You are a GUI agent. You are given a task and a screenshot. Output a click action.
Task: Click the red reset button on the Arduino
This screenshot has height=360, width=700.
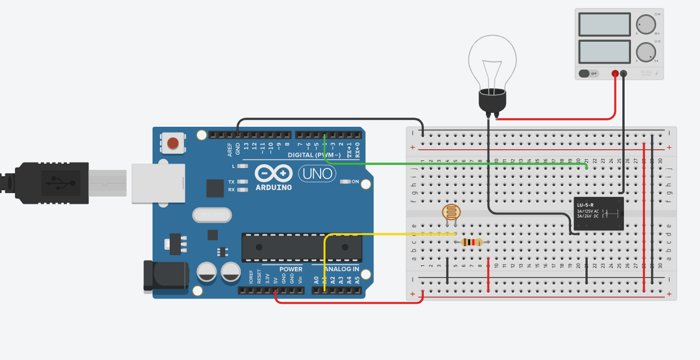click(173, 143)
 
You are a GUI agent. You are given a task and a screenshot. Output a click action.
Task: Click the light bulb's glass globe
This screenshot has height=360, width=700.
click(492, 59)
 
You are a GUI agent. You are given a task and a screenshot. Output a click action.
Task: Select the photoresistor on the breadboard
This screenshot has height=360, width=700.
click(451, 212)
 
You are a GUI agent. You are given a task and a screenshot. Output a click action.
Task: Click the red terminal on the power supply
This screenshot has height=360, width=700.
click(615, 73)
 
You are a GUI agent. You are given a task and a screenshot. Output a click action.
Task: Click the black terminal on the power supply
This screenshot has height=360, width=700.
click(623, 73)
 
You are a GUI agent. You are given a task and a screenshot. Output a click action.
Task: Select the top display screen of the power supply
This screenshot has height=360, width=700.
click(605, 24)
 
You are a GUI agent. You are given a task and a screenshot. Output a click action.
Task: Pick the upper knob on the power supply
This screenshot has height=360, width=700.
click(645, 24)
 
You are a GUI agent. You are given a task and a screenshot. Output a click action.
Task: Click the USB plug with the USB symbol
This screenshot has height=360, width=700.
click(54, 183)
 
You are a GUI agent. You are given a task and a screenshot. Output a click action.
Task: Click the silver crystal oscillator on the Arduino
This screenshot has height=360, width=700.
click(212, 215)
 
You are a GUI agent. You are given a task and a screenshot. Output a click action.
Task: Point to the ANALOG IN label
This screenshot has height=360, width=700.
click(335, 269)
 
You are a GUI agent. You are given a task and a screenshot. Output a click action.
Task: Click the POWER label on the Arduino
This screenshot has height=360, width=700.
click(290, 269)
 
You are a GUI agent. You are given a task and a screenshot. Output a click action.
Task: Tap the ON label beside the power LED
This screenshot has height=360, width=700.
click(355, 182)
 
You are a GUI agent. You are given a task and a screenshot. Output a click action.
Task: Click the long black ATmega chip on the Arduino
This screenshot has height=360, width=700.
click(301, 247)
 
